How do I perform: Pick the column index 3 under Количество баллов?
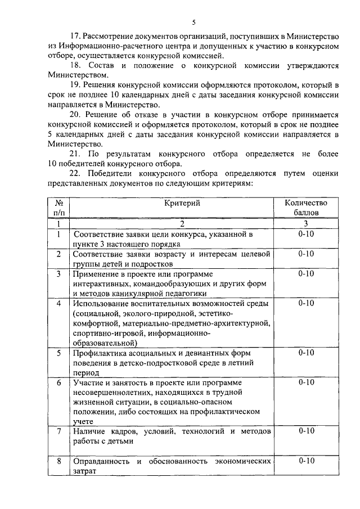click(x=306, y=223)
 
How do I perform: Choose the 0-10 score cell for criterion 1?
click(x=306, y=234)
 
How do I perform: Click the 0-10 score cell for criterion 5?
click(x=306, y=353)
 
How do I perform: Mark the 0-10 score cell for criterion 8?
click(x=306, y=461)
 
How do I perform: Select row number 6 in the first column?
click(x=58, y=382)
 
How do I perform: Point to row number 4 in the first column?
click(x=58, y=303)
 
